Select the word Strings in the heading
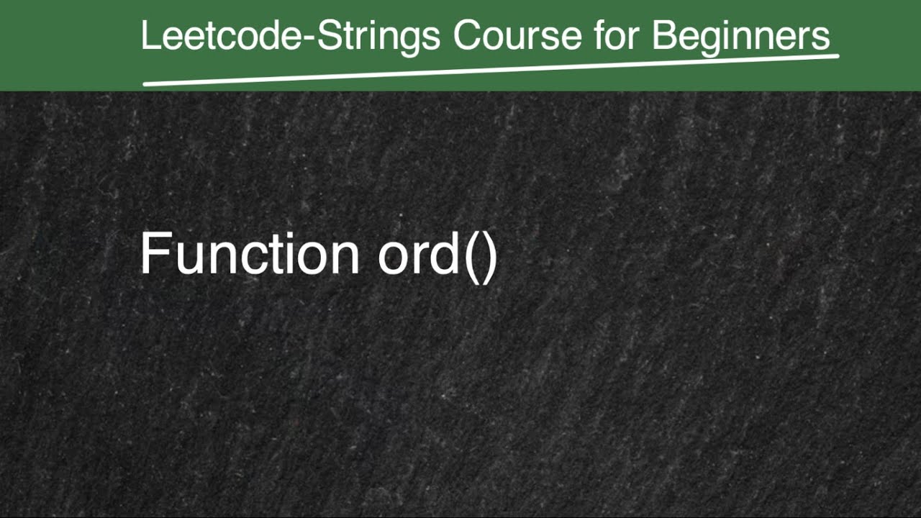tap(379, 36)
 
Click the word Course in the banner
tap(517, 35)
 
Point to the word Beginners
tap(741, 36)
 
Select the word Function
tap(249, 254)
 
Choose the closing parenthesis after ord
tap(490, 255)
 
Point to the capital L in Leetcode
tap(149, 35)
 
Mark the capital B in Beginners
tap(663, 35)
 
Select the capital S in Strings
tap(328, 35)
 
